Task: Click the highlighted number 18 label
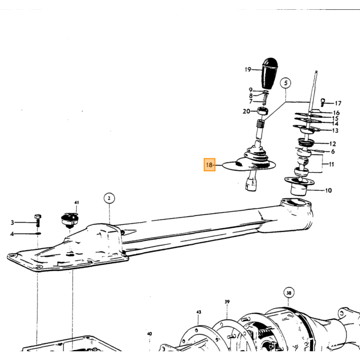(x=209, y=165)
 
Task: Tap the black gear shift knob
(x=269, y=74)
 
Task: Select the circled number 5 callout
(x=285, y=83)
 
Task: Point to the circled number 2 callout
(x=109, y=198)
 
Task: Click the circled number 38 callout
(x=289, y=293)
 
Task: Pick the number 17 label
(x=338, y=103)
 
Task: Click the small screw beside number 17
(x=323, y=102)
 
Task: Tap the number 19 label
(x=248, y=69)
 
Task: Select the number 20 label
(x=246, y=111)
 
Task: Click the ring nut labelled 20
(x=262, y=111)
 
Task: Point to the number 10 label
(x=329, y=190)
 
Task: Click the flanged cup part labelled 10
(x=299, y=186)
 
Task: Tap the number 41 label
(x=77, y=203)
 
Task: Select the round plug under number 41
(x=69, y=220)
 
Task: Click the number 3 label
(x=12, y=222)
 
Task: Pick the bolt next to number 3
(x=38, y=221)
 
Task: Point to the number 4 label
(x=12, y=234)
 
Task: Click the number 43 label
(x=199, y=312)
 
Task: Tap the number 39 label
(x=227, y=302)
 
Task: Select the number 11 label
(x=331, y=165)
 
